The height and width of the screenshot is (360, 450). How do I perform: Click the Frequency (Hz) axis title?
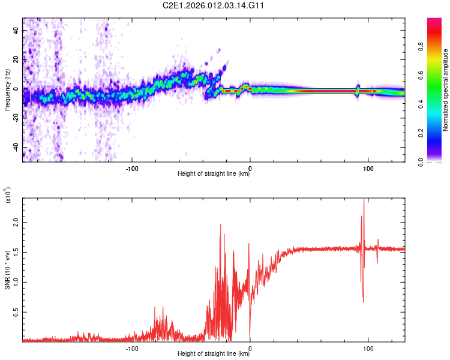(x=7, y=90)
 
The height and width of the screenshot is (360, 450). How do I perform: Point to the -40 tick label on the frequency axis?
(x=16, y=147)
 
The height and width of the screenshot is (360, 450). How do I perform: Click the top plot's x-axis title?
(x=214, y=174)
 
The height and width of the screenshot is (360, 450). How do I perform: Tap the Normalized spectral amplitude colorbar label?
(x=446, y=90)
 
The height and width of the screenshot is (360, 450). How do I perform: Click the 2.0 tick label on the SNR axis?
(x=16, y=221)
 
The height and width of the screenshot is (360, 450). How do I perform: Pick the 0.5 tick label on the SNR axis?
(x=16, y=313)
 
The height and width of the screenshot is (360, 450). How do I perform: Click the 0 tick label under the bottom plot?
(x=250, y=347)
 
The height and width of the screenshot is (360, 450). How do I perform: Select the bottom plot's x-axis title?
(x=214, y=354)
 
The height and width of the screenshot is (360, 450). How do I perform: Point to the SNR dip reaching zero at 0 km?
(x=250, y=340)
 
